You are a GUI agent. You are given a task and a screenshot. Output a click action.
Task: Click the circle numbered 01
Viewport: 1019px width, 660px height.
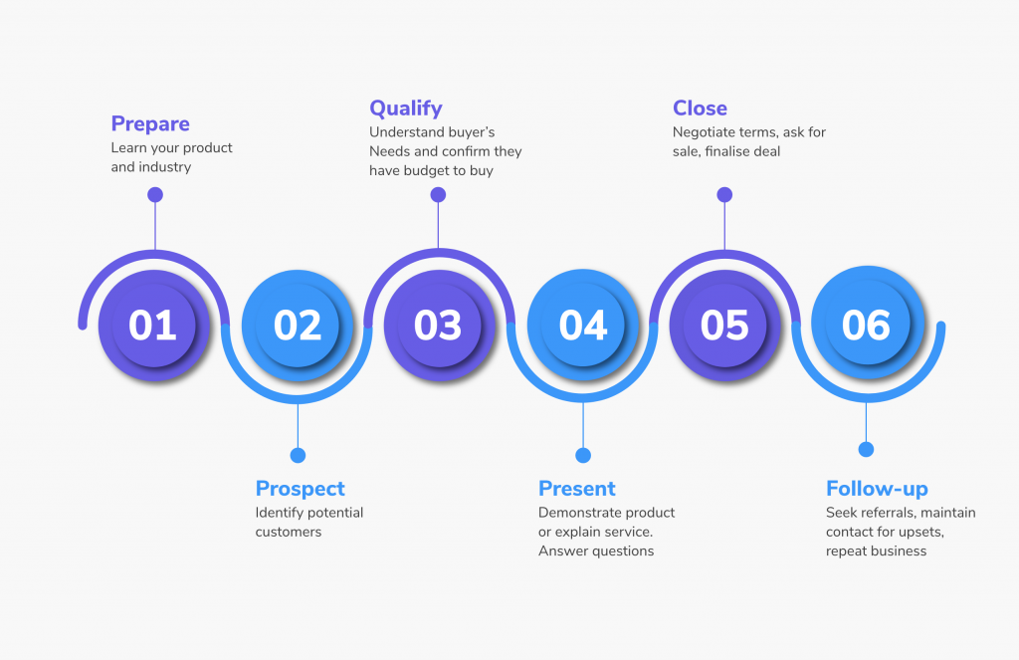coord(154,325)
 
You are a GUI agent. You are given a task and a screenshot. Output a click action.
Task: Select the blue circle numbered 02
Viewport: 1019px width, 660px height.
coord(298,325)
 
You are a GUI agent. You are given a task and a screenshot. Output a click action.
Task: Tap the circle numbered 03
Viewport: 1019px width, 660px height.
coord(439,325)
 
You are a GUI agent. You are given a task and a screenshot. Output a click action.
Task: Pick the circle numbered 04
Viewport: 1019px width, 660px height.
coord(583,325)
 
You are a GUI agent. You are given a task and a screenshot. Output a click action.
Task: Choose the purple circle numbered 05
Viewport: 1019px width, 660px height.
coord(724,325)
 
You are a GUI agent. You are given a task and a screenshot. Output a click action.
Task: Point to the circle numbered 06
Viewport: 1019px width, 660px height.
coord(867,323)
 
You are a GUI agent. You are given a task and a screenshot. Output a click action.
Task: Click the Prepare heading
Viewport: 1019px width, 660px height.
coord(150,123)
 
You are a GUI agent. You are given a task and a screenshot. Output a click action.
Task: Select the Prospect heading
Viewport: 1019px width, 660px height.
coord(300,489)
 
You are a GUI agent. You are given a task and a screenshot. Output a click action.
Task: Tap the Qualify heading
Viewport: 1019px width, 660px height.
coord(406,108)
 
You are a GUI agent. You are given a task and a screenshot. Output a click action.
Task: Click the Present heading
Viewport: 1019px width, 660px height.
coord(576,489)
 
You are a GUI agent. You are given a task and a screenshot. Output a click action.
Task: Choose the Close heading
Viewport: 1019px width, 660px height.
coord(700,108)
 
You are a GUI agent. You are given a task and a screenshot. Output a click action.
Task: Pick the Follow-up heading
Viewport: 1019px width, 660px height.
coord(877,489)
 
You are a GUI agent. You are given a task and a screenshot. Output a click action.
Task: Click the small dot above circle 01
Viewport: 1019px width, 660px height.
coord(154,194)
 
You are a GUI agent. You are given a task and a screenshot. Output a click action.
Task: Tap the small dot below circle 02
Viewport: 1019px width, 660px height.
coord(298,455)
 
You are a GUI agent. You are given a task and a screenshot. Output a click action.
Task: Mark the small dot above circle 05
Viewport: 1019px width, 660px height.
coord(724,194)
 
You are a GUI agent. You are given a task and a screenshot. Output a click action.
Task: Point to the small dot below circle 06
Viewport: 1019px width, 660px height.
coord(866,449)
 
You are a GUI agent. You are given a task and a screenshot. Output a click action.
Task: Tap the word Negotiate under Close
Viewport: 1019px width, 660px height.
coord(700,132)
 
